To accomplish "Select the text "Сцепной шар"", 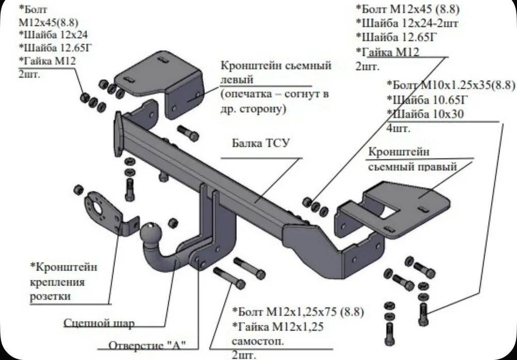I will pyautogui.click(x=99, y=324).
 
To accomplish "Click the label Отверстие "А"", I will pyautogui.click(x=147, y=346).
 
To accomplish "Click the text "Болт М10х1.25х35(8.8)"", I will pyautogui.click(x=450, y=84).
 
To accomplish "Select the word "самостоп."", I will pyautogui.click(x=256, y=341).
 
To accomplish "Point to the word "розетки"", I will pyautogui.click(x=50, y=296).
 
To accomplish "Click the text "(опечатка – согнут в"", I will pyautogui.click(x=274, y=96).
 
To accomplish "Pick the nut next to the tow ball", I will pyautogui.click(x=174, y=222).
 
